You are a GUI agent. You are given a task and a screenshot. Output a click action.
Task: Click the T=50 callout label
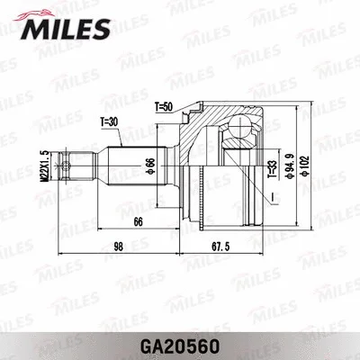(x=163, y=107)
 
